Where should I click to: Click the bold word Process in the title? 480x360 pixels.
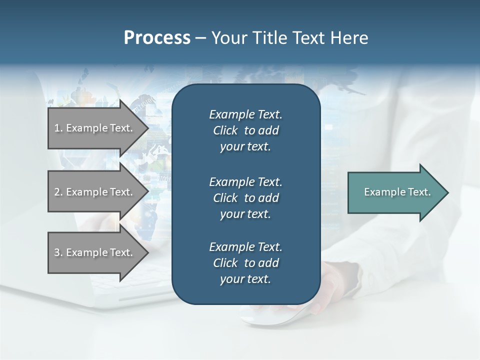[x=157, y=38]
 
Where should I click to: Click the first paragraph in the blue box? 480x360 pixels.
[x=245, y=130]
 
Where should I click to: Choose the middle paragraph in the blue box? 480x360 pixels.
[x=245, y=198]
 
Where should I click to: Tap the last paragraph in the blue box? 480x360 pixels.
[x=245, y=263]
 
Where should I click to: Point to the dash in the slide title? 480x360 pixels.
[x=200, y=38]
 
